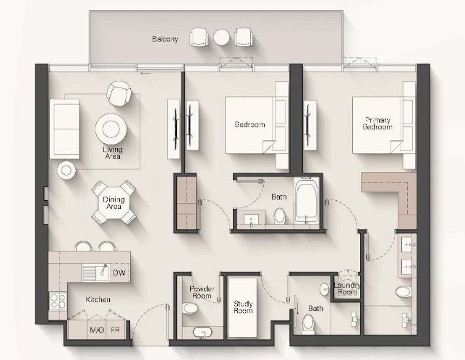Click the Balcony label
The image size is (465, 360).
165,39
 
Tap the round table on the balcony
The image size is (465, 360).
221,38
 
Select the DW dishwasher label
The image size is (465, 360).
119,273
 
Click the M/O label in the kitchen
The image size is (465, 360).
97,330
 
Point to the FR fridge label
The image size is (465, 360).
115,330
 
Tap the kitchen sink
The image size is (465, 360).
95,273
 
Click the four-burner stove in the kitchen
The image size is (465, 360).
58,301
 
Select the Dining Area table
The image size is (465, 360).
114,203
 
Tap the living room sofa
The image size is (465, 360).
64,129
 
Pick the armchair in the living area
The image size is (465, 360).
119,93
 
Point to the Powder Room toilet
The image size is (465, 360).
190,308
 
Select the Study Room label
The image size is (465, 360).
243,307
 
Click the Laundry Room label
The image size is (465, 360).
347,288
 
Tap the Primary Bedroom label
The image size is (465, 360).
377,124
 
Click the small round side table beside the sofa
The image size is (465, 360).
67,170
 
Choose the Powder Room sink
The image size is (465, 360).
202,332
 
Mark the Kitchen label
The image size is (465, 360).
98,299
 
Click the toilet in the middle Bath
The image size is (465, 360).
279,215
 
